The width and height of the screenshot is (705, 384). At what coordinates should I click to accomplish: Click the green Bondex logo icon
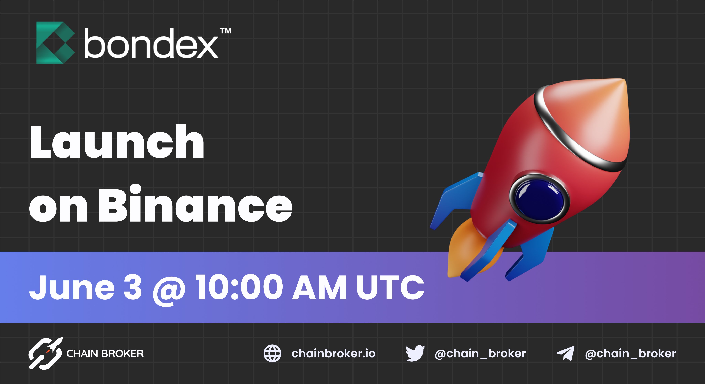[x=55, y=43]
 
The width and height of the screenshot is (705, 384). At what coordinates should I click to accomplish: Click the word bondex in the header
[x=151, y=44]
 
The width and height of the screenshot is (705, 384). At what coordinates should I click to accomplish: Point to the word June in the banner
[x=72, y=288]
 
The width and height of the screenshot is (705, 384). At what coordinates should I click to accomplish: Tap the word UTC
[x=390, y=288]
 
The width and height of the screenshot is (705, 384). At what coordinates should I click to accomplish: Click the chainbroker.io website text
[x=333, y=354]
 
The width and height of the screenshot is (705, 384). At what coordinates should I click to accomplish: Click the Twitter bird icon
[x=415, y=353]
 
